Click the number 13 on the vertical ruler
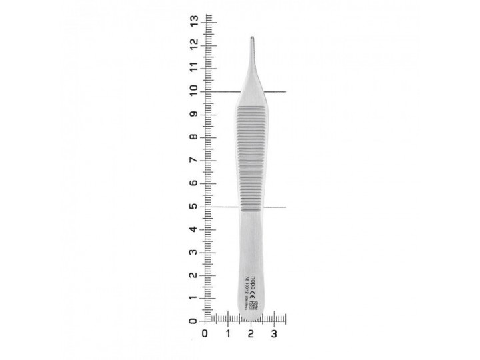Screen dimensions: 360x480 (194, 21)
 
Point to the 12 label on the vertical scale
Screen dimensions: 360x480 (194, 44)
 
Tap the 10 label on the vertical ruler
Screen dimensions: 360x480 (194, 91)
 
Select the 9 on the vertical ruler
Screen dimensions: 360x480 (194, 114)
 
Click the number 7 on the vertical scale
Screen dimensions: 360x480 (194, 160)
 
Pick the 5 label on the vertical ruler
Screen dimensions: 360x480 (194, 206)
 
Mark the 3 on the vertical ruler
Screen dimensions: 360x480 (194, 252)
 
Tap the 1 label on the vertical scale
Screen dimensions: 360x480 (194, 298)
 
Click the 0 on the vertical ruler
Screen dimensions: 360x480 (194, 321)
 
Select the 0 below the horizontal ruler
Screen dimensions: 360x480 (205, 333)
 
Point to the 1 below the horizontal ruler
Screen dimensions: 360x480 (228, 333)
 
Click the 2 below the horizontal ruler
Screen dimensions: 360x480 (251, 333)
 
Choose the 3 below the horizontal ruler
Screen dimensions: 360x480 (274, 333)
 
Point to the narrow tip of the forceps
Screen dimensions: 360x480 (252, 40)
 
